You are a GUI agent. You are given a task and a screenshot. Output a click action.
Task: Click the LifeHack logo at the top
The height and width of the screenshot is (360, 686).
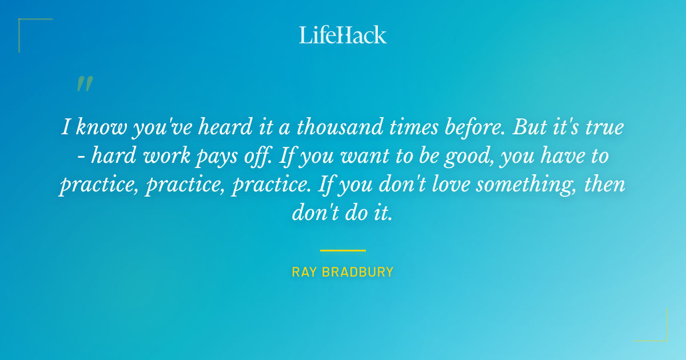click(343, 35)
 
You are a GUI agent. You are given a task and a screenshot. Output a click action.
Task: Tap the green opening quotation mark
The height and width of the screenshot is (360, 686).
click(85, 84)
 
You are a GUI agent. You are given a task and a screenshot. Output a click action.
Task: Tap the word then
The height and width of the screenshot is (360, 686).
click(607, 185)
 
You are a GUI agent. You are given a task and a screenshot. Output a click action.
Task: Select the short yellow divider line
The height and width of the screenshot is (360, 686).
click(342, 250)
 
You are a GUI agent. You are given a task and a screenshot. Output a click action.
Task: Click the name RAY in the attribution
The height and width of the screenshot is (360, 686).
click(304, 272)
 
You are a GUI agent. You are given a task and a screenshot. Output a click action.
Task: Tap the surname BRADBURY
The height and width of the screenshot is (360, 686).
click(358, 272)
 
